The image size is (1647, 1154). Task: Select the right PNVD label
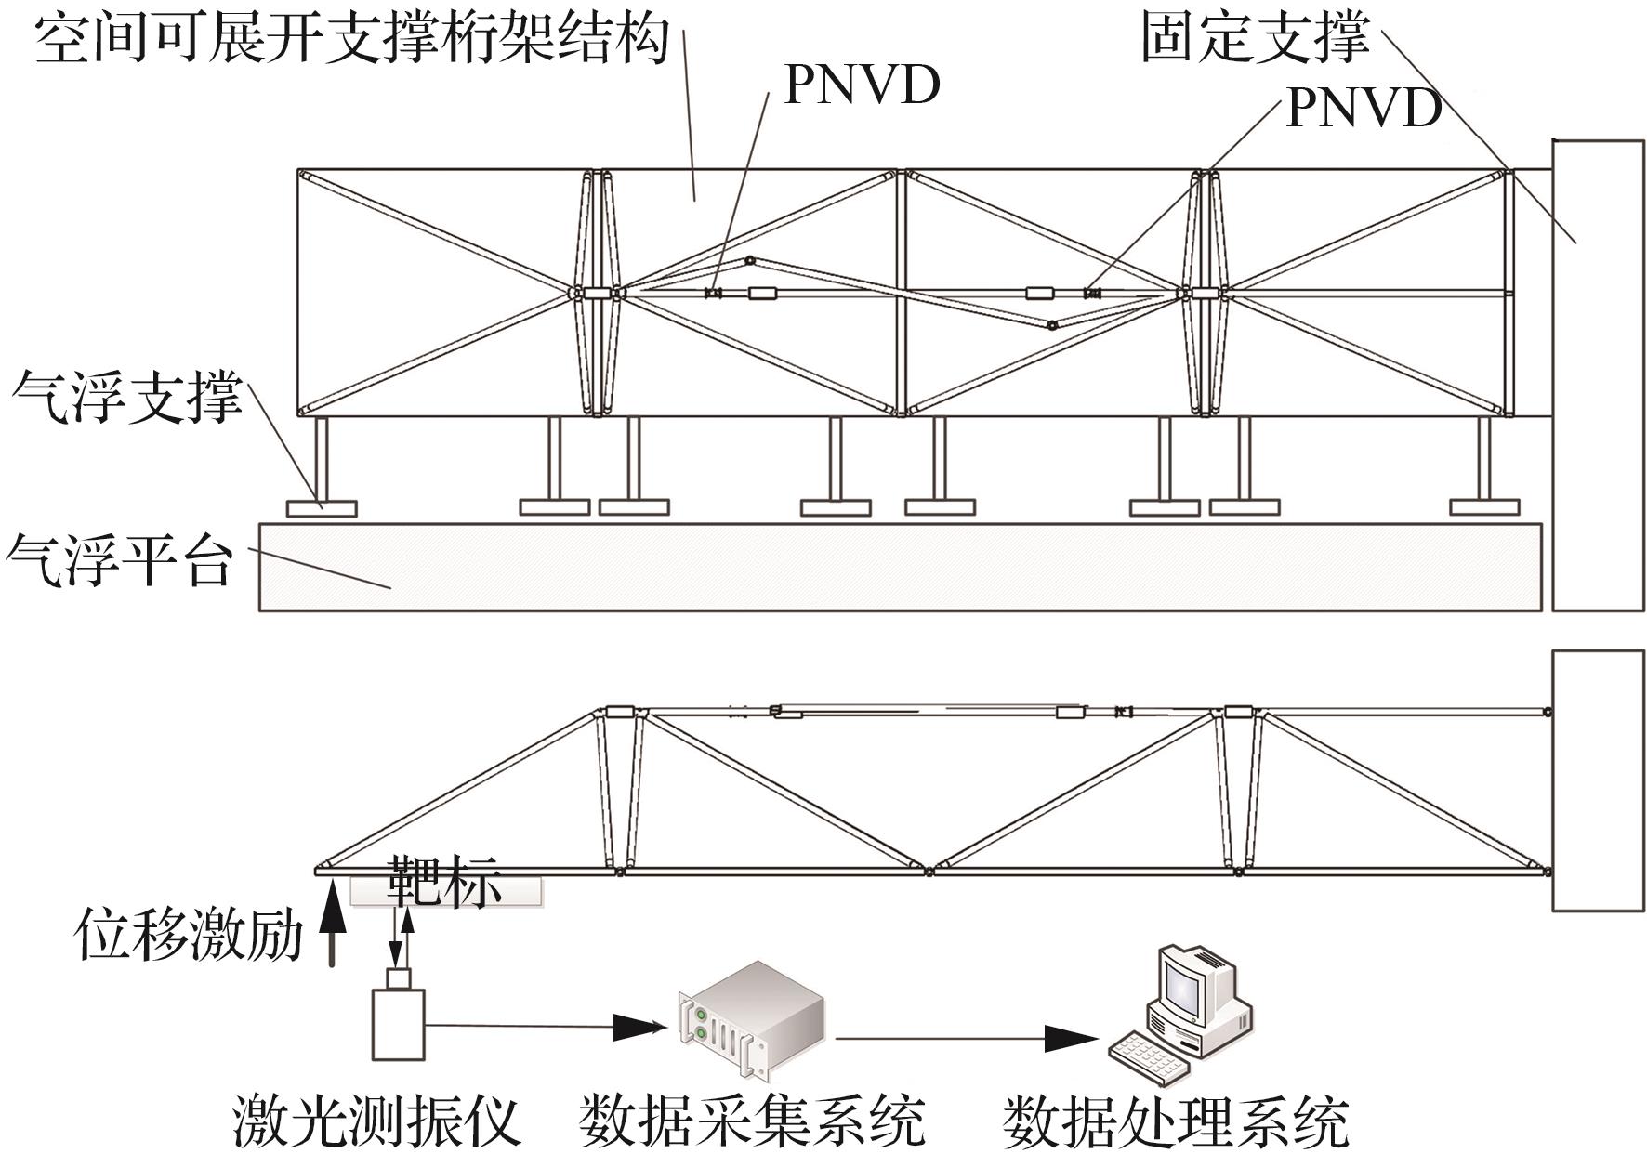[1364, 108]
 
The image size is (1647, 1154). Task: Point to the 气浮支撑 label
[127, 397]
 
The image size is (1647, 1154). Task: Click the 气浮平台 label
[119, 559]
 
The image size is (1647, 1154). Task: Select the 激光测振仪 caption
[376, 1120]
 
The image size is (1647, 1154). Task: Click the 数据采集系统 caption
[752, 1120]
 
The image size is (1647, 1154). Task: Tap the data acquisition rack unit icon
[750, 1020]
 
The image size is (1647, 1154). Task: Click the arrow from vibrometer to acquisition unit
[547, 1026]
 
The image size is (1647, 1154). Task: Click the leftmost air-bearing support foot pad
[322, 508]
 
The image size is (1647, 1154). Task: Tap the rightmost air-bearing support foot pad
[1485, 507]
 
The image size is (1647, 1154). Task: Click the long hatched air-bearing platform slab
[900, 567]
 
